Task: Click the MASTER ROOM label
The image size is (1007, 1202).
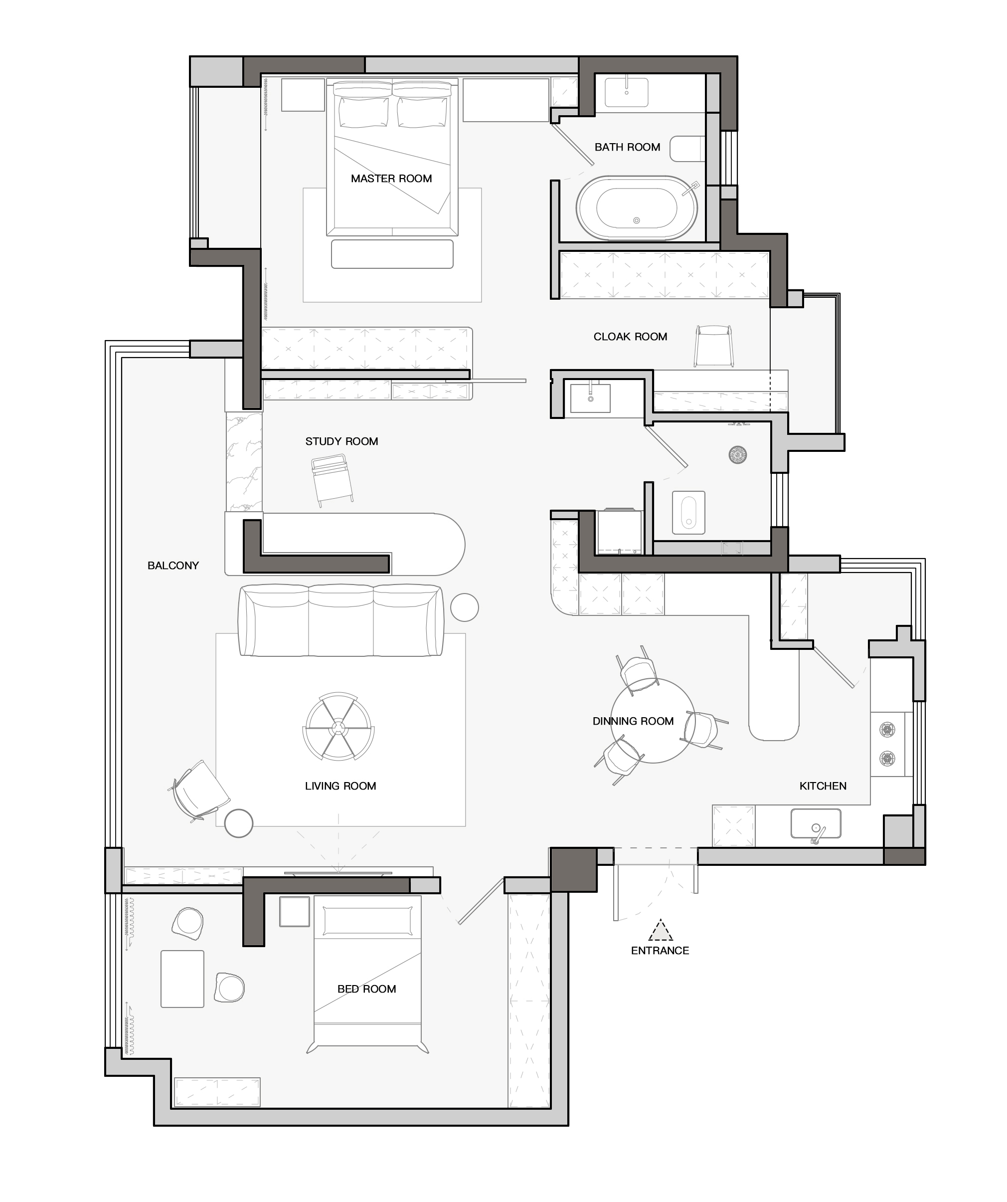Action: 391,179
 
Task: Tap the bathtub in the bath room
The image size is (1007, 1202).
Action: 637,207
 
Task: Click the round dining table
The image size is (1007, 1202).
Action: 653,720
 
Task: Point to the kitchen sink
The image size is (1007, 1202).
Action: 816,822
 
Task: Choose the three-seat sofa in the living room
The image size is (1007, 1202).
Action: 341,620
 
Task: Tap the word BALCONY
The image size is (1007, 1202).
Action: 173,566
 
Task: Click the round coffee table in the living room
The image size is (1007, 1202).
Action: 338,726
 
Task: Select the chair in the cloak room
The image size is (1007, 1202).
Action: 713,346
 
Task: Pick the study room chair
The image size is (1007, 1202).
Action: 332,480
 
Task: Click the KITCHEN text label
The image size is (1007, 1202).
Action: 823,786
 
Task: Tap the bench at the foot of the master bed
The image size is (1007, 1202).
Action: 392,253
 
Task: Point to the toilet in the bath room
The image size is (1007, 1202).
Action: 687,149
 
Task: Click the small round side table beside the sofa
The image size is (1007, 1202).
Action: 464,607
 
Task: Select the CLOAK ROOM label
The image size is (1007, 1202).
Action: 631,337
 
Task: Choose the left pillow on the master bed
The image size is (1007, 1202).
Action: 363,112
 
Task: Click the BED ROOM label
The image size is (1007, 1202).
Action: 367,989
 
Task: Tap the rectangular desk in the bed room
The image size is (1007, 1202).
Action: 182,979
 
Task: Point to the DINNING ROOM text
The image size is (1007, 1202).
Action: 634,721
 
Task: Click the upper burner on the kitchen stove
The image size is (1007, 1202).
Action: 887,730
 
